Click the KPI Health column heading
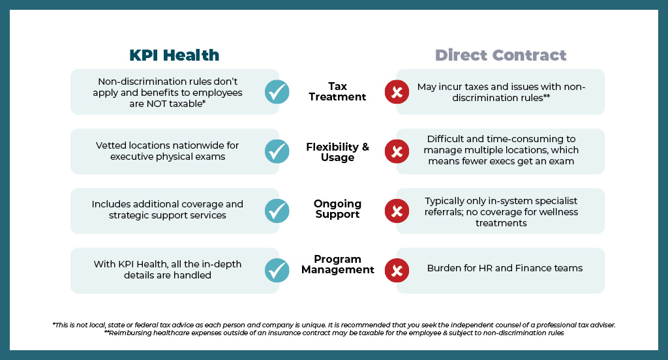coord(174,55)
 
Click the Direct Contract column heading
coord(500,55)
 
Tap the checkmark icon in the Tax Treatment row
coord(277,92)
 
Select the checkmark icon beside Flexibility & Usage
coord(277,151)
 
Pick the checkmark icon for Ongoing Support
coord(277,211)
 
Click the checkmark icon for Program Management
coord(277,270)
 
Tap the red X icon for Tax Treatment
coord(397,92)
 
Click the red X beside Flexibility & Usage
coord(397,151)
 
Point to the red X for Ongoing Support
coord(397,211)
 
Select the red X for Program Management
coord(397,270)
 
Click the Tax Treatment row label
coord(337,92)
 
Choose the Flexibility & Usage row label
coord(337,152)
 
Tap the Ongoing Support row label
coord(337,209)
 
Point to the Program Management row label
coord(337,264)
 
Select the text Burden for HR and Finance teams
coord(504,268)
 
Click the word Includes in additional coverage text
coord(110,204)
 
